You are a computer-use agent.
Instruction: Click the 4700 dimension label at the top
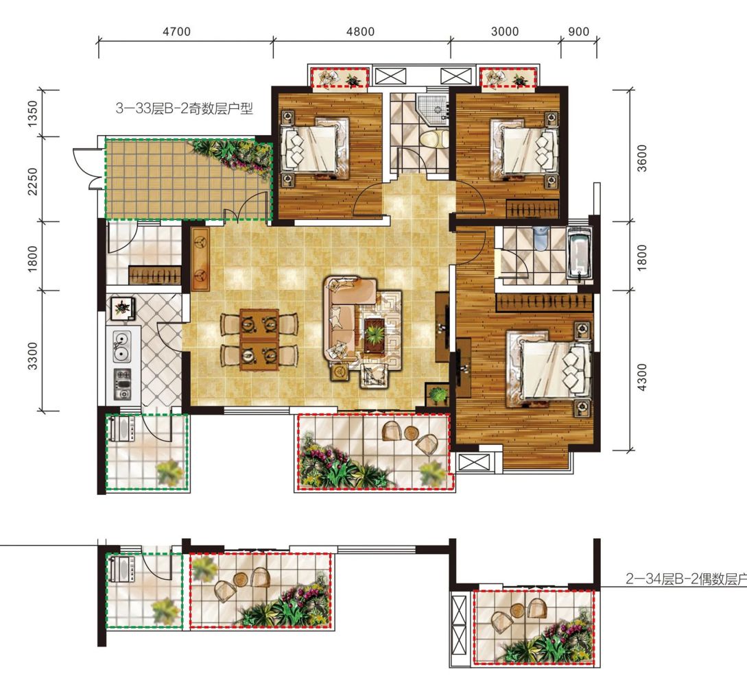pyautogui.click(x=176, y=32)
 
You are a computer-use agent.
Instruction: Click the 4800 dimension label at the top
pyautogui.click(x=360, y=32)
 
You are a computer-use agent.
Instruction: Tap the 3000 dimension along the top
pyautogui.click(x=504, y=32)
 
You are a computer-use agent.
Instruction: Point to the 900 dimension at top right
pyautogui.click(x=579, y=32)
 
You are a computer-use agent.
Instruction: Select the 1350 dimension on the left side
pyautogui.click(x=32, y=113)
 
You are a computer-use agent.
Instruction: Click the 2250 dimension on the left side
pyautogui.click(x=32, y=181)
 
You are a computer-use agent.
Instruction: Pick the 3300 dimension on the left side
pyautogui.click(x=32, y=355)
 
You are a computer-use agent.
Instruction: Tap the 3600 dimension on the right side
pyautogui.click(x=642, y=158)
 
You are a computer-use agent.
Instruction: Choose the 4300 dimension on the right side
pyautogui.click(x=642, y=377)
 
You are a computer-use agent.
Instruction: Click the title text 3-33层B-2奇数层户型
pyautogui.click(x=184, y=108)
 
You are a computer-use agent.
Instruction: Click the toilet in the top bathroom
pyautogui.click(x=433, y=139)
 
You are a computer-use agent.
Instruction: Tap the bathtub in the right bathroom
pyautogui.click(x=578, y=252)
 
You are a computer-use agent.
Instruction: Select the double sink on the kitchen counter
pyautogui.click(x=121, y=346)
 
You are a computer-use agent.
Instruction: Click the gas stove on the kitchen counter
pyautogui.click(x=122, y=385)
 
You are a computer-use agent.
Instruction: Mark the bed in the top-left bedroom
pyautogui.click(x=314, y=147)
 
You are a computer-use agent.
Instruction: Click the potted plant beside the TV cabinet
pyautogui.click(x=438, y=395)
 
